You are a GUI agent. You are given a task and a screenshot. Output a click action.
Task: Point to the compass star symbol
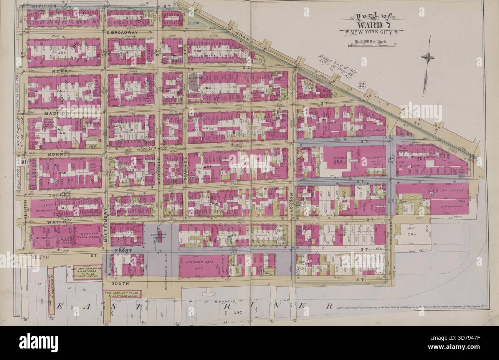tap(427, 58)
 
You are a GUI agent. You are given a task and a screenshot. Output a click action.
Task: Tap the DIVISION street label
tap(44, 7)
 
